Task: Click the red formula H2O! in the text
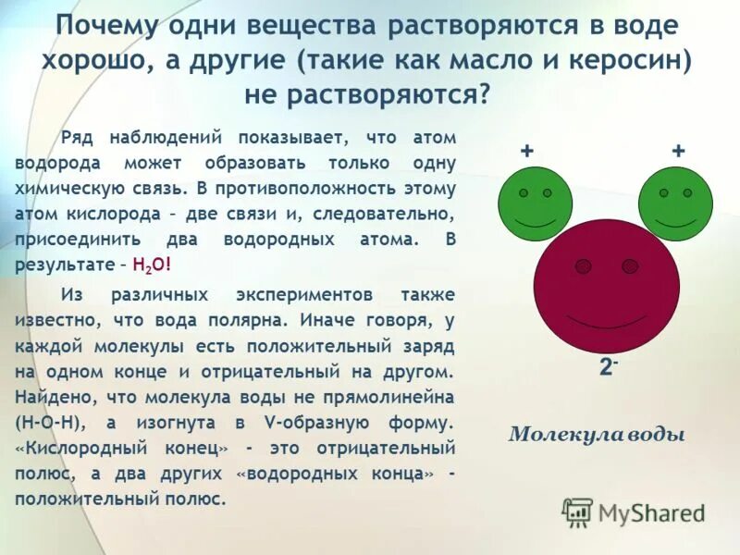pos(152,263)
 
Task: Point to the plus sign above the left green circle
pos(526,151)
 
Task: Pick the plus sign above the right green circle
pos(677,151)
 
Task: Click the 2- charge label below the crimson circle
pos(608,366)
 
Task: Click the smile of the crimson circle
pos(606,320)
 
